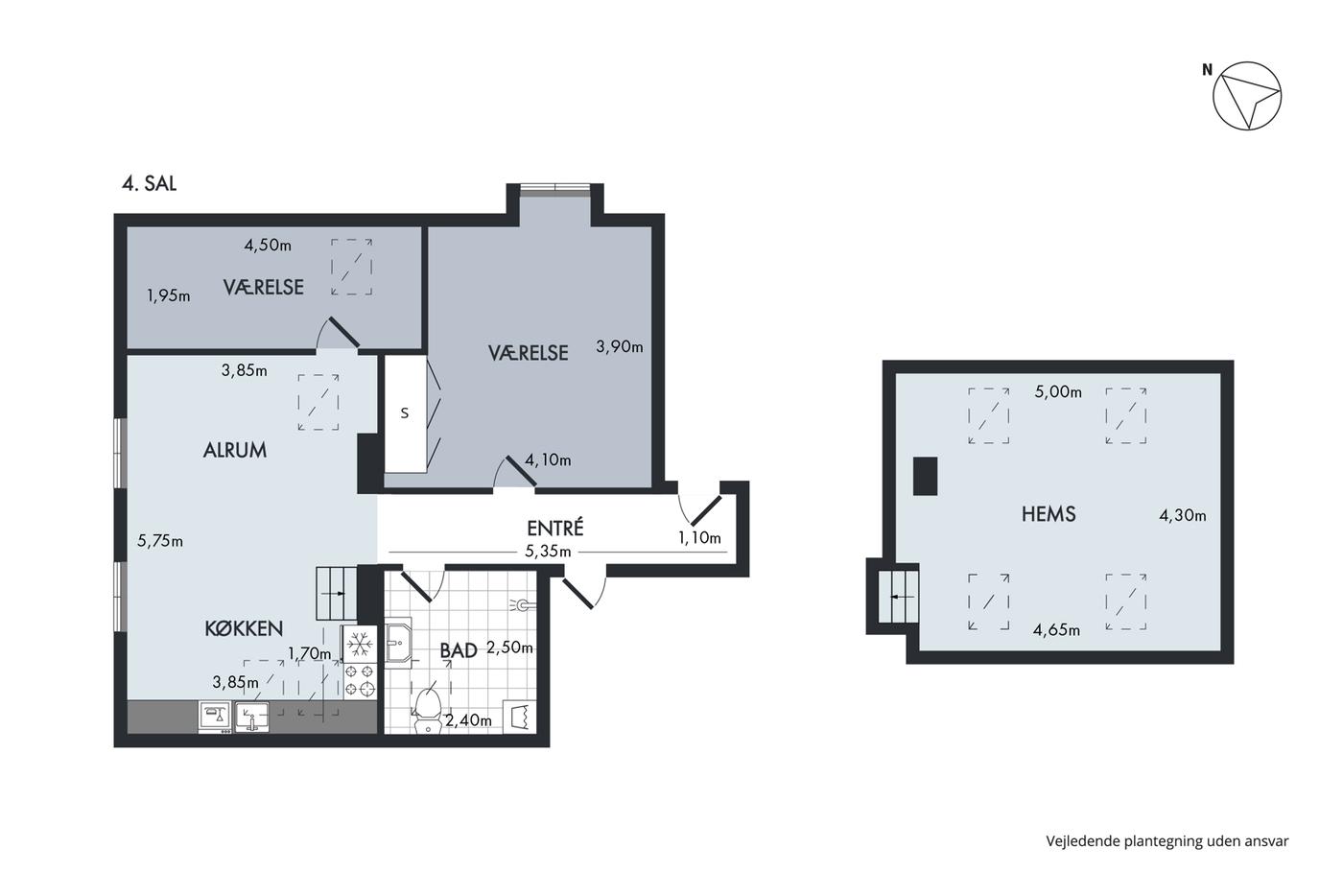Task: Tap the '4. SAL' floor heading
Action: [150, 183]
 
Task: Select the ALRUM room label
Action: [234, 450]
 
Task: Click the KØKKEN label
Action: [244, 628]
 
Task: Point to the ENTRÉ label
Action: [554, 528]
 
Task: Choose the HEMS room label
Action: [1048, 514]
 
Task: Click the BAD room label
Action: [459, 650]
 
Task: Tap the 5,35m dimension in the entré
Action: [548, 552]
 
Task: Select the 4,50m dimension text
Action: [268, 246]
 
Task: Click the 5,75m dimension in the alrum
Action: [160, 541]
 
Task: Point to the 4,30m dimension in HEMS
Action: [1182, 515]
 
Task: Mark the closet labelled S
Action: [405, 413]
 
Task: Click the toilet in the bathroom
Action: [427, 710]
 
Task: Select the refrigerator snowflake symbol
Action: [360, 645]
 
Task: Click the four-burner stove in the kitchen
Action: [360, 680]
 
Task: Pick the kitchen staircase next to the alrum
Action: [337, 594]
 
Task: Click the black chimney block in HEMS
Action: [925, 476]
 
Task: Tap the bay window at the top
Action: [554, 190]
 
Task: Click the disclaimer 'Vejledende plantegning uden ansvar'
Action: [1167, 841]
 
